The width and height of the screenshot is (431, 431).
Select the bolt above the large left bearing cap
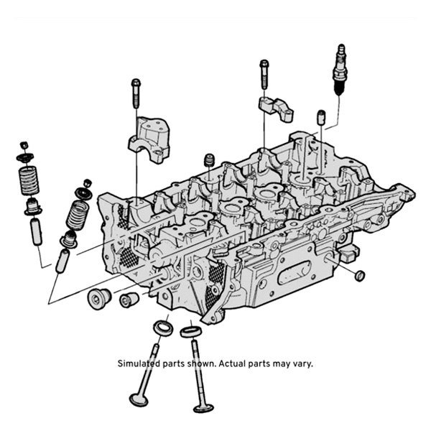pos(135,92)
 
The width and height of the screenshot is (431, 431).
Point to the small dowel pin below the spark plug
pos(322,117)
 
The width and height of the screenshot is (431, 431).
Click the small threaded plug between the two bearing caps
pos(210,159)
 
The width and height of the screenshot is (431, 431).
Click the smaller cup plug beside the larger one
pos(127,298)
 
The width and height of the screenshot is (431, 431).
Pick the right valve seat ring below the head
pos(190,332)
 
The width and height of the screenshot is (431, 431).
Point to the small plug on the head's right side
pos(360,275)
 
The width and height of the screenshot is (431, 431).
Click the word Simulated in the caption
pos(139,363)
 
